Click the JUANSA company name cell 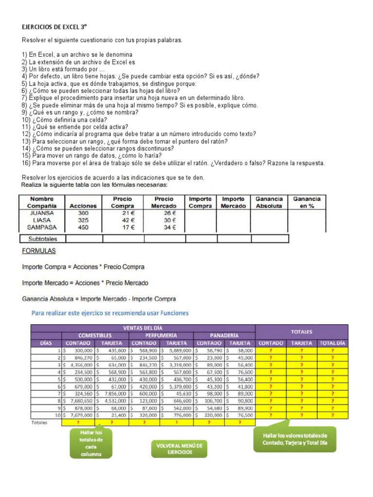click(x=42, y=213)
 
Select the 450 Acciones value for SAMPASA click(x=84, y=227)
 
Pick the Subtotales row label click(x=43, y=239)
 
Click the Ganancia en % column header click(x=306, y=202)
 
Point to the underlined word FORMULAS click(x=39, y=251)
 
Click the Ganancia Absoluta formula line click(x=99, y=299)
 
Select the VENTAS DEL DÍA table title click(x=143, y=328)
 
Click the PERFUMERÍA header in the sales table click(x=161, y=335)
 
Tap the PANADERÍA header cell click(x=224, y=335)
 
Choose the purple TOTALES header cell click(x=302, y=332)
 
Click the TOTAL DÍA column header click(x=333, y=343)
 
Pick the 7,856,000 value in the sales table click(x=112, y=394)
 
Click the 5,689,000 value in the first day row click(x=176, y=350)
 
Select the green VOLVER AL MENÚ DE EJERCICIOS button click(x=179, y=448)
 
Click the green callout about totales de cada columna click(x=91, y=443)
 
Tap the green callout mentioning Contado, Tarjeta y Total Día click(x=294, y=439)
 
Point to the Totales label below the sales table click(x=39, y=423)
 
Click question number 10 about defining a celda click(x=65, y=120)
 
